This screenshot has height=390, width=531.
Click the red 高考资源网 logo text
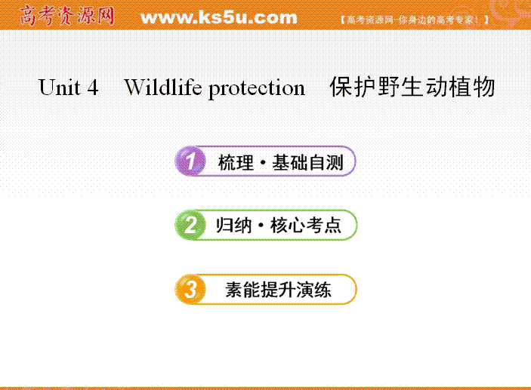tap(67, 16)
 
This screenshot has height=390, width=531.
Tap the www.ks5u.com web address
tap(219, 17)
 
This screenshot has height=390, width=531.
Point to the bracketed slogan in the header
tap(415, 20)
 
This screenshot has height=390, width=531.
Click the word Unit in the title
tap(60, 88)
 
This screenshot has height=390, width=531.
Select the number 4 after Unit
tap(93, 88)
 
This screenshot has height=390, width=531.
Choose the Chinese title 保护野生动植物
tap(412, 87)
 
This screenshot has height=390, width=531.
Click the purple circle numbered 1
tap(190, 161)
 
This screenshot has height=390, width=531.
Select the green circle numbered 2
tap(190, 225)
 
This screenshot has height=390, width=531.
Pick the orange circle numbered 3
tap(190, 289)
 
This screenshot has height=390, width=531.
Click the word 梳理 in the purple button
tap(236, 163)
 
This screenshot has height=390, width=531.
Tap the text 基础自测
tap(308, 162)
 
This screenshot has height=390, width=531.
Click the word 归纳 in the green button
tap(234, 226)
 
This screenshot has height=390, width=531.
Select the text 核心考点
tap(306, 226)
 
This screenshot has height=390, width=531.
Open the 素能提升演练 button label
tap(278, 290)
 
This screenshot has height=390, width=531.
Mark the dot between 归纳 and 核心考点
tap(261, 226)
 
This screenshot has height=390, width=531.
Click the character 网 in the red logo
tap(106, 16)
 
